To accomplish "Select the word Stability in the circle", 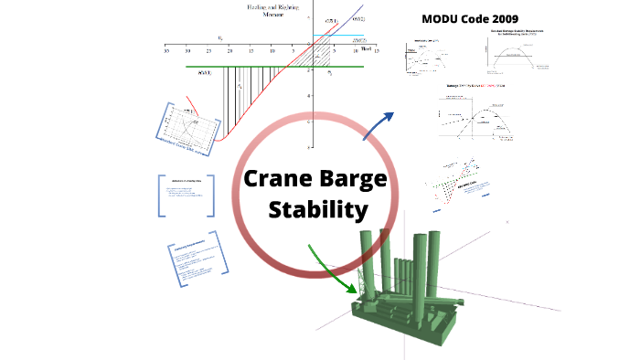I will (x=317, y=210).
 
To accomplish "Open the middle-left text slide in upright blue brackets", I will (x=186, y=194).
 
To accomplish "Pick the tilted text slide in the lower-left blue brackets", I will (x=196, y=264).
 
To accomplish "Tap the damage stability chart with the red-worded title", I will (x=475, y=114).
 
